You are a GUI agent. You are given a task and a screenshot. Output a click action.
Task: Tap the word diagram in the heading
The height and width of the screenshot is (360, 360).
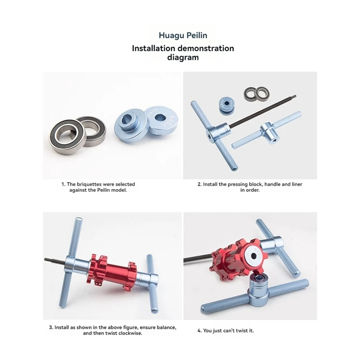183,57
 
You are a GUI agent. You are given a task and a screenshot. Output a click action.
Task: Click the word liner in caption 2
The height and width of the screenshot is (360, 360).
297,184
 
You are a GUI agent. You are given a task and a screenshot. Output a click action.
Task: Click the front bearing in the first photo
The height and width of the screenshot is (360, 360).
67,137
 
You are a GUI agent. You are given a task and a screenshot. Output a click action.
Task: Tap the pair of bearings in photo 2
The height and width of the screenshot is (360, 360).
256,94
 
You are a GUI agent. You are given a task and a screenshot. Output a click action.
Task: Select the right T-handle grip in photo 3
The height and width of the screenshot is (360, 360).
153,283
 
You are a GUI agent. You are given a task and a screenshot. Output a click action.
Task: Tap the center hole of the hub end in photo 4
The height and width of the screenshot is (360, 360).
253,256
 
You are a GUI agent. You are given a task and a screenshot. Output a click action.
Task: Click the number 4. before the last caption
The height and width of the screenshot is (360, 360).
199,331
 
